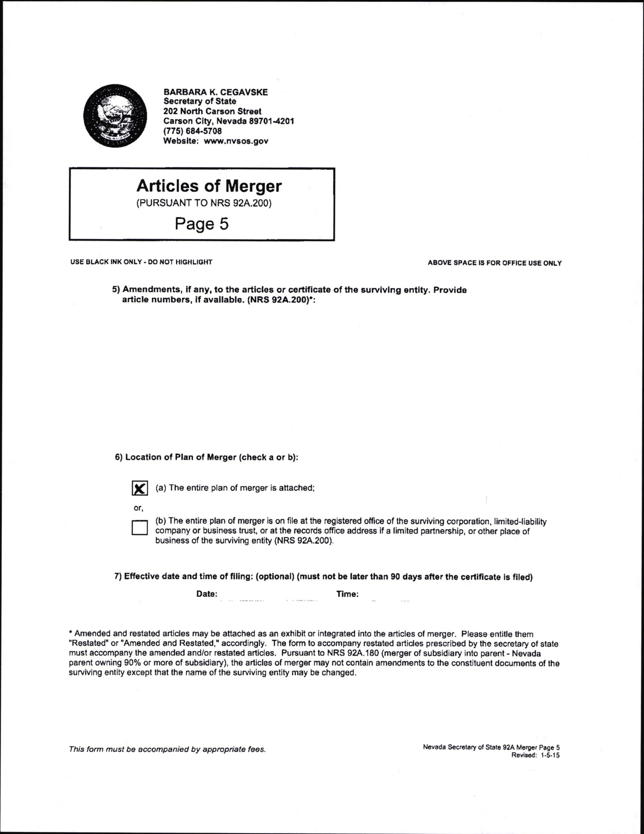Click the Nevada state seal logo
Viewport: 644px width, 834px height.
click(x=115, y=116)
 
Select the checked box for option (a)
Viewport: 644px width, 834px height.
click(x=140, y=488)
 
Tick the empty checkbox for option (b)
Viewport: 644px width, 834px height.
click(x=140, y=527)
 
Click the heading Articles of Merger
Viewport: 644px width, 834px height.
click(x=209, y=186)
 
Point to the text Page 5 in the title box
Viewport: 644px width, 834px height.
click(x=202, y=224)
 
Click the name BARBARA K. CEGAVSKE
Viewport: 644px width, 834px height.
click(x=216, y=92)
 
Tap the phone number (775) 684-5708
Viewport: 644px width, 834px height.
click(x=192, y=131)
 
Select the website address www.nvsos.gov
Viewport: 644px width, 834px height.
click(x=236, y=141)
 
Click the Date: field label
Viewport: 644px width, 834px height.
click(x=207, y=594)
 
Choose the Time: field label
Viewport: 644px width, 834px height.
click(x=347, y=594)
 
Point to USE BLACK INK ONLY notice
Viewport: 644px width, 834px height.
click(x=141, y=262)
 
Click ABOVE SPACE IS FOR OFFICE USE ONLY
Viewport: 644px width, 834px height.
click(x=494, y=263)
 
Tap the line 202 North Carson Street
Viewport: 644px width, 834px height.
click(x=212, y=111)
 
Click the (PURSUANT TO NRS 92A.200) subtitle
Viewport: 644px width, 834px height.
click(x=204, y=203)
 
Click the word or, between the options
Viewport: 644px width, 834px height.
click(x=138, y=508)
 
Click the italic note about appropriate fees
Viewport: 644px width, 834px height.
click(x=167, y=749)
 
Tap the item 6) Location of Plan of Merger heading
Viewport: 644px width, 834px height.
click(x=206, y=457)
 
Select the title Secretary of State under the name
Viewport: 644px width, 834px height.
click(x=200, y=102)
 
